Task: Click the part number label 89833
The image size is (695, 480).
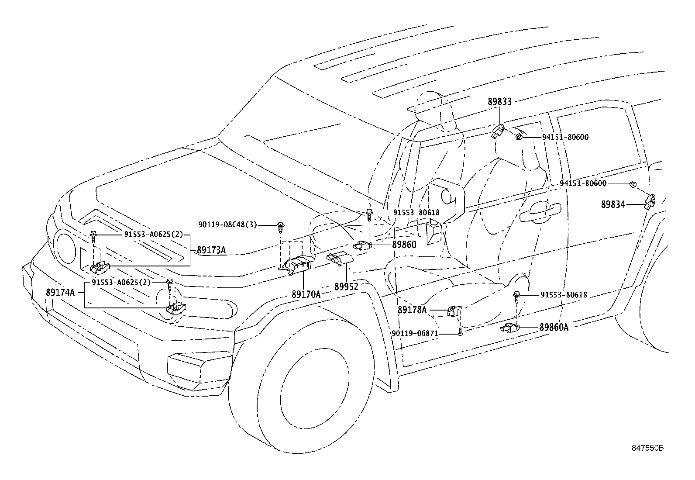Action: pos(499,101)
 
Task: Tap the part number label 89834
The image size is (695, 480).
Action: pos(613,204)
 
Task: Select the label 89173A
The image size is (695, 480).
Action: pos(211,250)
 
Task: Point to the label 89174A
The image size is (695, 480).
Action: pos(60,292)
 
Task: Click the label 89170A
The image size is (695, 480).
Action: pos(306,294)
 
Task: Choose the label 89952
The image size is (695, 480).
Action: pos(346,287)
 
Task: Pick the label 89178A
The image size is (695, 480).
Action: pos(412,310)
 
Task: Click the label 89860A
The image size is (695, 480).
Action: pos(554,327)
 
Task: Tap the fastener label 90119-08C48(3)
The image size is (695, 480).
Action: pos(228,224)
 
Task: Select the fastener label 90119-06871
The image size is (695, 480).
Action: pos(415,333)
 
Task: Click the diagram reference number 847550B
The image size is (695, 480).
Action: pos(648,448)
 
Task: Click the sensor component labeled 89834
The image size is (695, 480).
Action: pos(650,201)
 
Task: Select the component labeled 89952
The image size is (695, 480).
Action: pos(340,258)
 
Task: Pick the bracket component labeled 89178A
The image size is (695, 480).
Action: pos(455,311)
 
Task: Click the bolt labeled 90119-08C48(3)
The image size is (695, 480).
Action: pos(280,227)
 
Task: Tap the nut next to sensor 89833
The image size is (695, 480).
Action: pos(519,137)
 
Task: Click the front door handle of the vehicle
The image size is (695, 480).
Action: pos(540,212)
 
